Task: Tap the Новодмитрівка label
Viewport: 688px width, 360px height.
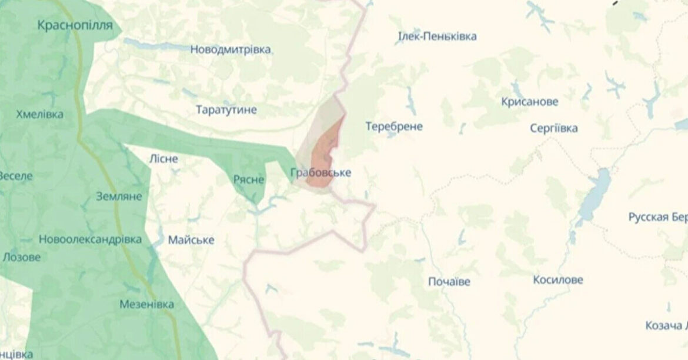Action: [231, 49]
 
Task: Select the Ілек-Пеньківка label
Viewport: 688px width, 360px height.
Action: [437, 36]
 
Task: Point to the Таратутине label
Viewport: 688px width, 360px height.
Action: [226, 110]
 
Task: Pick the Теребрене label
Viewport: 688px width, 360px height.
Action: [394, 126]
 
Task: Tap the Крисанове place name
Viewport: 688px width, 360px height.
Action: [530, 102]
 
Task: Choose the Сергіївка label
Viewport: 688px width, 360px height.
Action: [553, 128]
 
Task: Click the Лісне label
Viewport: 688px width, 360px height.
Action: [164, 159]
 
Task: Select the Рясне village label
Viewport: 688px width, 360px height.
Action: [249, 179]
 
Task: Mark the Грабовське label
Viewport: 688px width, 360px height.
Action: [320, 172]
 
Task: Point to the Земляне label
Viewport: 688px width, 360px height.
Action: [119, 196]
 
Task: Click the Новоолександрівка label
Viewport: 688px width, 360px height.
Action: [90, 239]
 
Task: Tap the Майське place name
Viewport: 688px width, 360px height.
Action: [191, 240]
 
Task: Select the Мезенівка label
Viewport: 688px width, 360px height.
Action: [146, 304]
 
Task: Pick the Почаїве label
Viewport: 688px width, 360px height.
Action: [449, 282]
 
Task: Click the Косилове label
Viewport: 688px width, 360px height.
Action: [558, 280]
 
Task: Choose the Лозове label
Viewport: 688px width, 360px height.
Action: [22, 257]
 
